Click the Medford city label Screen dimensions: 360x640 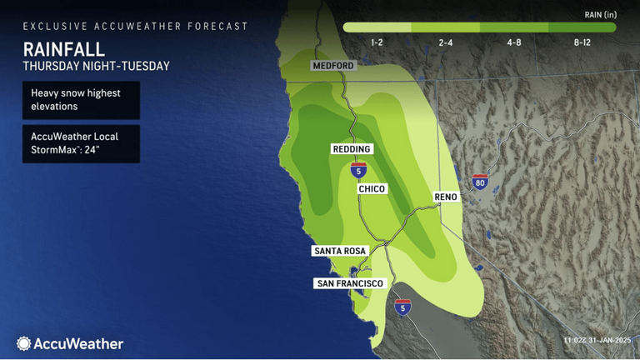(x=333, y=66)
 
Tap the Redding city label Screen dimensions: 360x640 (x=351, y=149)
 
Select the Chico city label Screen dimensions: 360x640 (x=372, y=189)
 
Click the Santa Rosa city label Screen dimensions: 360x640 (x=339, y=251)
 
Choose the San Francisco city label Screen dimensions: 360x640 (x=350, y=284)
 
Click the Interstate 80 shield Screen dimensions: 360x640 (x=480, y=182)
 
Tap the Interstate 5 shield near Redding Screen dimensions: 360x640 (x=358, y=170)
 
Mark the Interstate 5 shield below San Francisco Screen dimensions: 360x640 (x=403, y=307)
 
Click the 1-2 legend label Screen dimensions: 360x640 (x=377, y=42)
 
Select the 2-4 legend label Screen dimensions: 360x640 (x=446, y=42)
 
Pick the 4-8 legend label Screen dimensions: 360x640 (x=515, y=42)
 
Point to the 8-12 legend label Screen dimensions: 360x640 (x=582, y=42)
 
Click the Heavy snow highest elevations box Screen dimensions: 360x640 (x=81, y=100)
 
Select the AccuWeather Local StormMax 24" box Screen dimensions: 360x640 (x=81, y=143)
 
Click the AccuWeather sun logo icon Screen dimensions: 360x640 (x=24, y=343)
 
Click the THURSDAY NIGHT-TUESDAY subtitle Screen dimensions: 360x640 (x=96, y=65)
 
